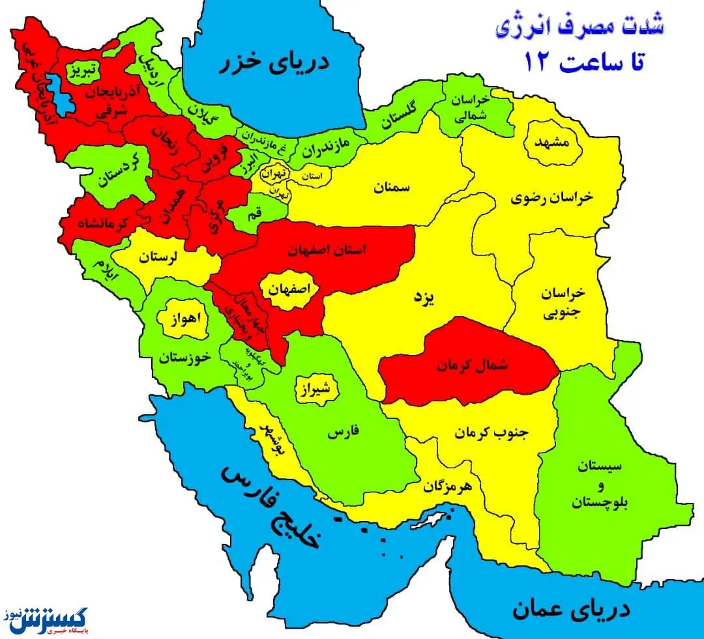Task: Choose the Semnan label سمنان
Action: [392, 188]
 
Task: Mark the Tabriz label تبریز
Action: [84, 68]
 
